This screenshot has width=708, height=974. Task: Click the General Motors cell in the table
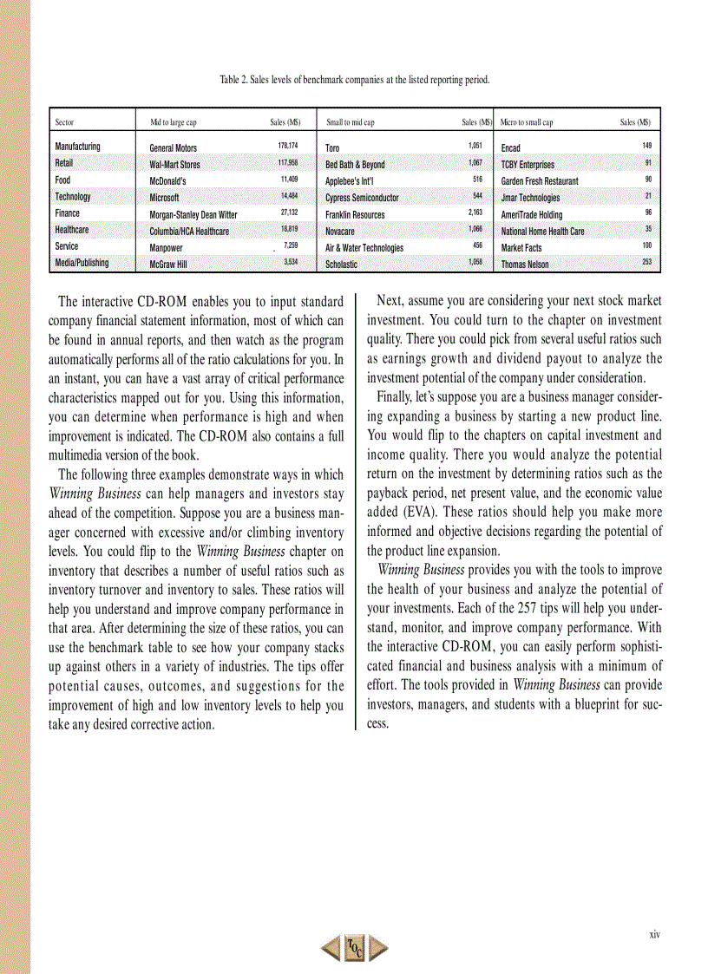pos(173,148)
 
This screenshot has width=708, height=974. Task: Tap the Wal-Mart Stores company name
pos(174,165)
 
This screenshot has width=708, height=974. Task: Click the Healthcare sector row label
pos(71,230)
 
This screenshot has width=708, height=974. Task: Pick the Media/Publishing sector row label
pos(82,263)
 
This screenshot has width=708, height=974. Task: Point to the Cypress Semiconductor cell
pos(362,198)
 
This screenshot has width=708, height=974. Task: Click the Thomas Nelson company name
pos(524,265)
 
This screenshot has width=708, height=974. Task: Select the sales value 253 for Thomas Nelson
pos(646,262)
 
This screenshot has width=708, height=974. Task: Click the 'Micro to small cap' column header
pos(527,123)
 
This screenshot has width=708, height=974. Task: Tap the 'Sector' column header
pos(64,123)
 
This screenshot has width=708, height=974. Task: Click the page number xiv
pos(654,934)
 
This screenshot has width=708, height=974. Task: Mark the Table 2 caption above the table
pos(354,80)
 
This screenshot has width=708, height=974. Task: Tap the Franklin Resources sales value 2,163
pos(475,212)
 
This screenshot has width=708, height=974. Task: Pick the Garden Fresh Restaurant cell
pos(539,181)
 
